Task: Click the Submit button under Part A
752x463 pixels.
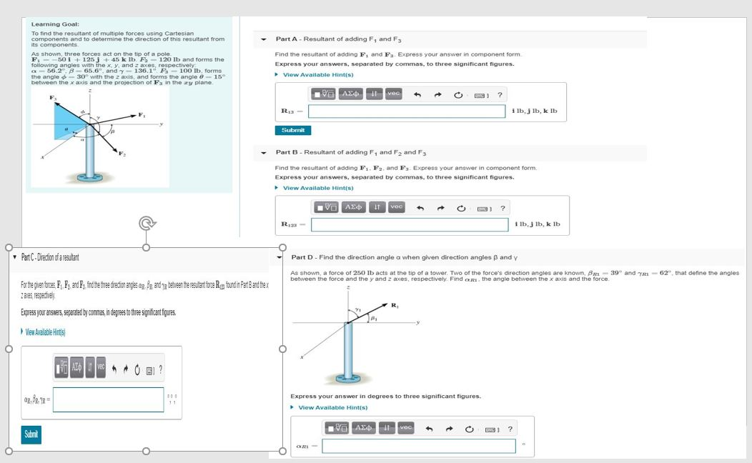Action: (x=293, y=130)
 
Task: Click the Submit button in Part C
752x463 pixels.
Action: (x=31, y=434)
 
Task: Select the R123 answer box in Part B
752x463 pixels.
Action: (x=411, y=225)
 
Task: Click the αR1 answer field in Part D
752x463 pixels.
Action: (x=418, y=446)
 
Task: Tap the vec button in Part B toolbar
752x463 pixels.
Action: (x=397, y=207)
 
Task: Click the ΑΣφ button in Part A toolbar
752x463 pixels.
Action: (x=351, y=94)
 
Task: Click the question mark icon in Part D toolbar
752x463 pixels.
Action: (x=510, y=429)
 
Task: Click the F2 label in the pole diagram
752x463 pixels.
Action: (x=122, y=155)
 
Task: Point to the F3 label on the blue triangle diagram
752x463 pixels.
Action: (x=51, y=96)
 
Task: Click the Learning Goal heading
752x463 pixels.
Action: (x=51, y=24)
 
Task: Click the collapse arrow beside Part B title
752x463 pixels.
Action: (x=264, y=152)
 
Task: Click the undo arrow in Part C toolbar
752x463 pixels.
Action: (x=114, y=369)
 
